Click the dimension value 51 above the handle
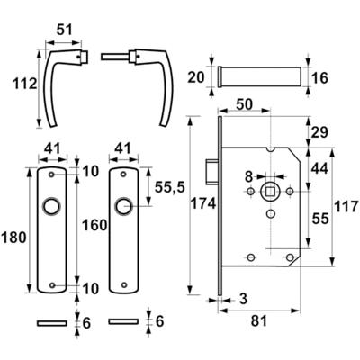(65, 30)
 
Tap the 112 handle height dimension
(24, 84)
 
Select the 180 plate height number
(13, 238)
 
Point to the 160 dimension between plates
(94, 225)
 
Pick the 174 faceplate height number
(203, 204)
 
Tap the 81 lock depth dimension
(259, 321)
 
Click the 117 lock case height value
(346, 207)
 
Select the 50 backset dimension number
(244, 104)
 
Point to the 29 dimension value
(319, 132)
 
